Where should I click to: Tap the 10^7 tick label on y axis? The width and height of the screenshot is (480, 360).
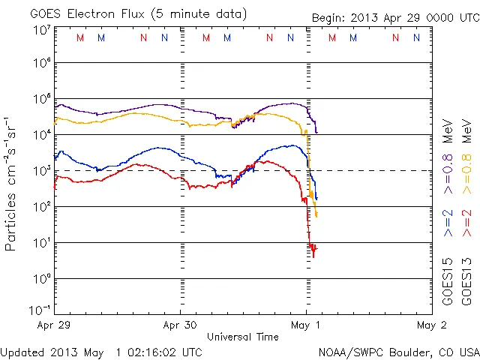point(40,30)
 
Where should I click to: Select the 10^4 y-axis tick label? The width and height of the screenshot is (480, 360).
point(40,134)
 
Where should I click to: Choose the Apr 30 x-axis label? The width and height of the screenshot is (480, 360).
point(180,325)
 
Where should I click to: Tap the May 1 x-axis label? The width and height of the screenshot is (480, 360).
point(306,325)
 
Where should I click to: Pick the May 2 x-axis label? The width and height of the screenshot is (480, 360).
point(431,325)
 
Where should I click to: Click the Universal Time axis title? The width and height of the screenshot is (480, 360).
point(243,337)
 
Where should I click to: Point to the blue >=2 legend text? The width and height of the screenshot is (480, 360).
point(448,223)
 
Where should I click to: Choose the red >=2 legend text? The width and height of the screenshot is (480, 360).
point(467,223)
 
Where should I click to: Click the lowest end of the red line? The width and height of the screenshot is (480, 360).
point(313,256)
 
